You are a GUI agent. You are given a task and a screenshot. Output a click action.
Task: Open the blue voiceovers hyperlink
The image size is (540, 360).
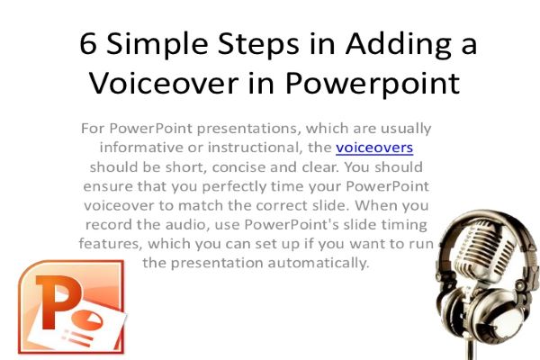coord(374,147)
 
